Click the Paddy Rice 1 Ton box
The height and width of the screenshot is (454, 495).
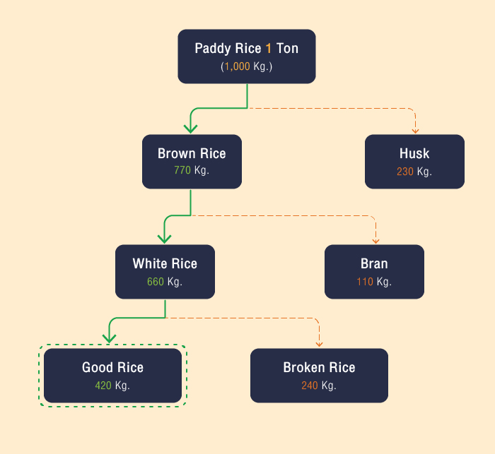pyautogui.click(x=246, y=56)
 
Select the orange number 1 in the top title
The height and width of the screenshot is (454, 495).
pyautogui.click(x=268, y=49)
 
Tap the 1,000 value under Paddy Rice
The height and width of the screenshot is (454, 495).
pyautogui.click(x=237, y=66)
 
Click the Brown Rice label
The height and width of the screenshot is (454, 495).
pyautogui.click(x=192, y=154)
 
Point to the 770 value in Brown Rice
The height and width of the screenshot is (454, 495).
pyautogui.click(x=182, y=171)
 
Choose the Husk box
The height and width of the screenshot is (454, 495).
pyautogui.click(x=414, y=162)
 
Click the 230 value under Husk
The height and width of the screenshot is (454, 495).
pyautogui.click(x=405, y=172)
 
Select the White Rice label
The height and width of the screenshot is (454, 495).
pyautogui.click(x=165, y=264)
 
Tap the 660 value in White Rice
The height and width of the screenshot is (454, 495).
pyautogui.click(x=156, y=282)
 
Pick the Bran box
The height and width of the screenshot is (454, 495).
pyautogui.click(x=374, y=271)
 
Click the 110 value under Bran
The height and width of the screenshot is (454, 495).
pyautogui.click(x=365, y=282)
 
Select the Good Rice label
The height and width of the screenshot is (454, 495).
pyautogui.click(x=112, y=367)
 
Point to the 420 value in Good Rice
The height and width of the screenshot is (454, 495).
pyautogui.click(x=104, y=386)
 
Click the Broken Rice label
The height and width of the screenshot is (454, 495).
pyautogui.click(x=319, y=367)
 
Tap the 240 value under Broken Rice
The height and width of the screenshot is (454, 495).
pyautogui.click(x=310, y=386)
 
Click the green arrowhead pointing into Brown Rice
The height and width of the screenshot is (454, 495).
pyautogui.click(x=190, y=128)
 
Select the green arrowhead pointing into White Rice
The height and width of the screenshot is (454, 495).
pyautogui.click(x=165, y=238)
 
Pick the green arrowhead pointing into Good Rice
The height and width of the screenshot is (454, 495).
pyautogui.click(x=109, y=338)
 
